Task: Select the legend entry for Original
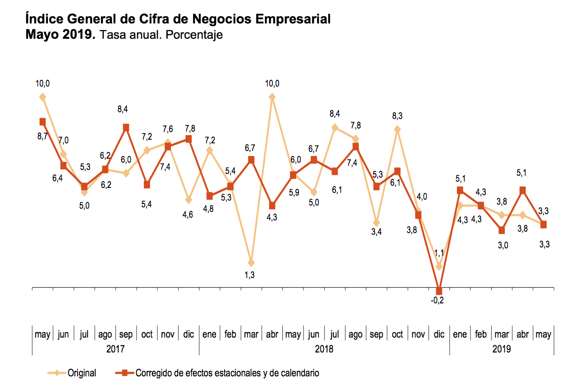(82, 373)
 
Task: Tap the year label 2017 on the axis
(115, 349)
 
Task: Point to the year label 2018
(324, 349)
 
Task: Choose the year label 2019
(502, 349)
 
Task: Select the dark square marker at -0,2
(439, 291)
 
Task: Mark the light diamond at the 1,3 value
(251, 262)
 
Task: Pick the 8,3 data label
(397, 116)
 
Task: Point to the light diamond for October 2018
(397, 130)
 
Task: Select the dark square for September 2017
(126, 128)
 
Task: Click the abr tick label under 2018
(272, 335)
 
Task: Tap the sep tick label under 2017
(126, 335)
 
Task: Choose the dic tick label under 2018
(439, 335)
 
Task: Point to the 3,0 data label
(502, 245)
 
